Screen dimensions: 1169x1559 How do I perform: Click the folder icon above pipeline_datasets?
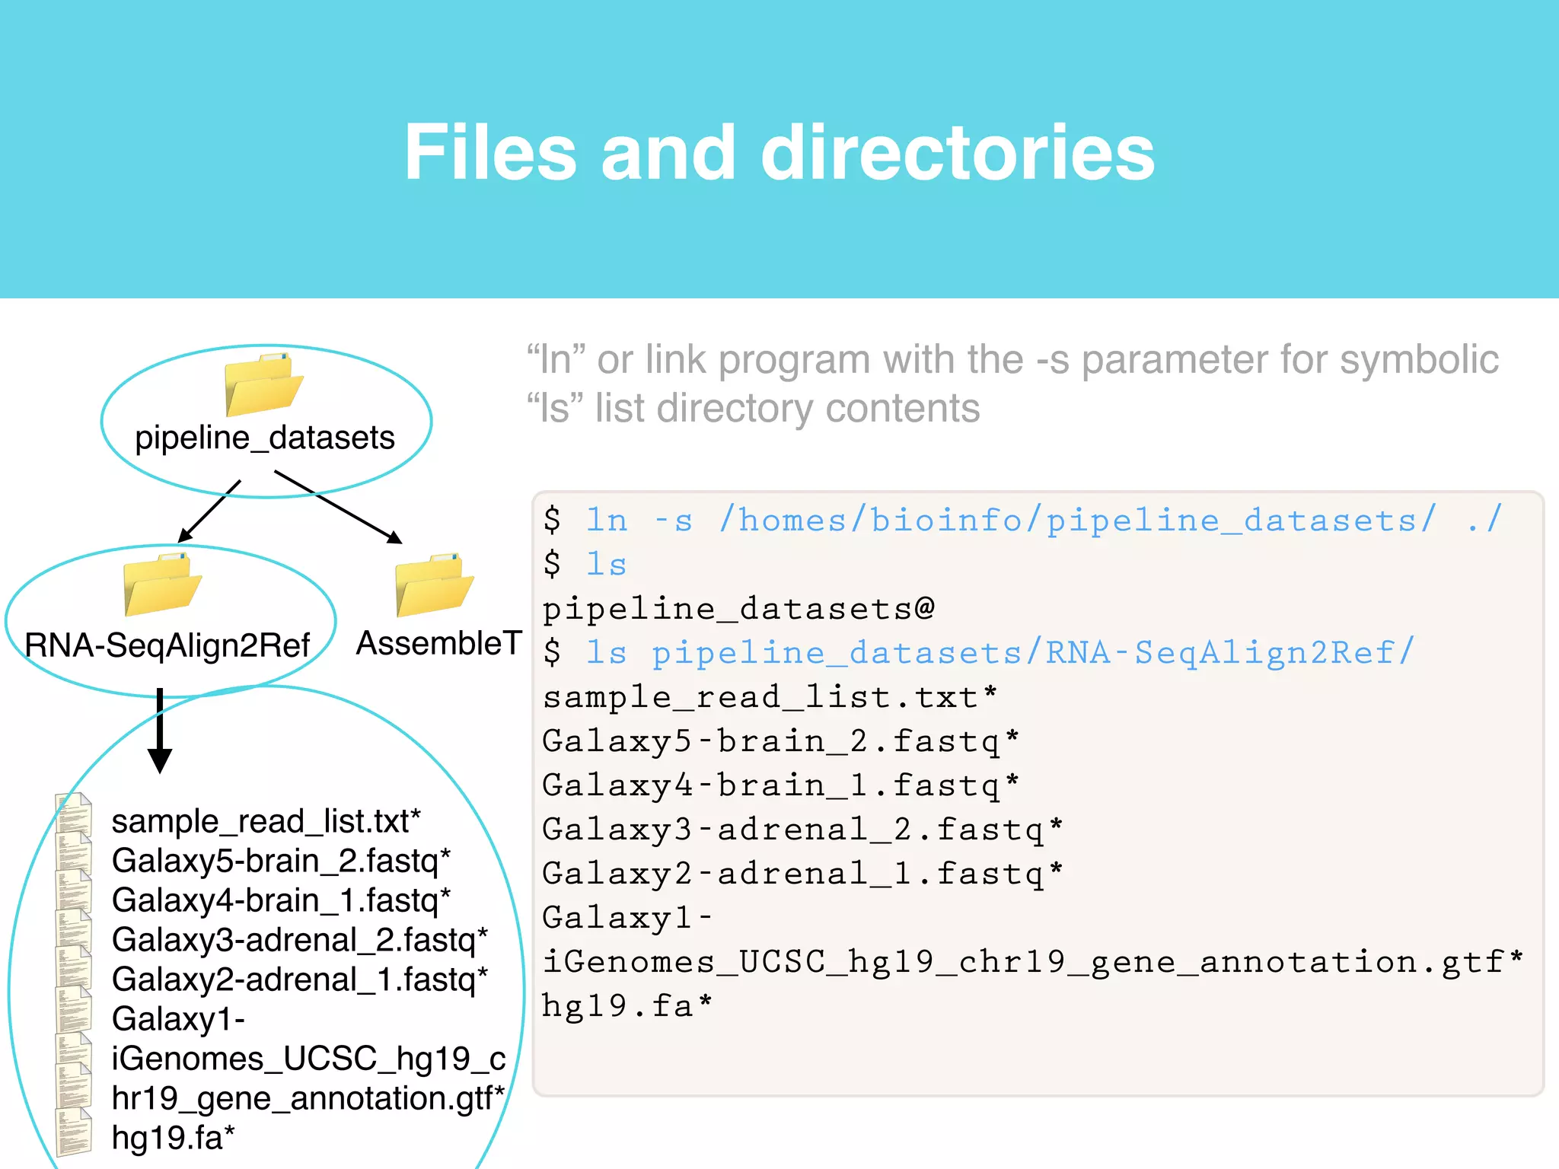263,385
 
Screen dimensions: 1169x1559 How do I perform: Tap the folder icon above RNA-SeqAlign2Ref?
162,584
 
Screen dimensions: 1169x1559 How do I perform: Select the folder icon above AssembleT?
434,584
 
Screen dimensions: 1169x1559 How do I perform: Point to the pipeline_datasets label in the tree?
265,438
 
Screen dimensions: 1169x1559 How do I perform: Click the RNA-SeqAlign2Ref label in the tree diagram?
167,645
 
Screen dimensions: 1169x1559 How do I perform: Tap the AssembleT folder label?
438,644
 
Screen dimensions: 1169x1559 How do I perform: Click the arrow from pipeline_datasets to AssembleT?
338,507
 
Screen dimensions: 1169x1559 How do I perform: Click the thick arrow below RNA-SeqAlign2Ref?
160,731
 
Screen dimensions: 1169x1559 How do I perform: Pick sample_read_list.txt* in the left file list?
266,822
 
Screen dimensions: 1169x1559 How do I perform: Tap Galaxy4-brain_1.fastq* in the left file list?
281,901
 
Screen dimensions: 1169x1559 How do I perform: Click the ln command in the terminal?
607,521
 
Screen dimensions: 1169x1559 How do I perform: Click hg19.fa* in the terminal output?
627,1006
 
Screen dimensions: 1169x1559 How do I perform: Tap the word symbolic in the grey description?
1419,360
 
